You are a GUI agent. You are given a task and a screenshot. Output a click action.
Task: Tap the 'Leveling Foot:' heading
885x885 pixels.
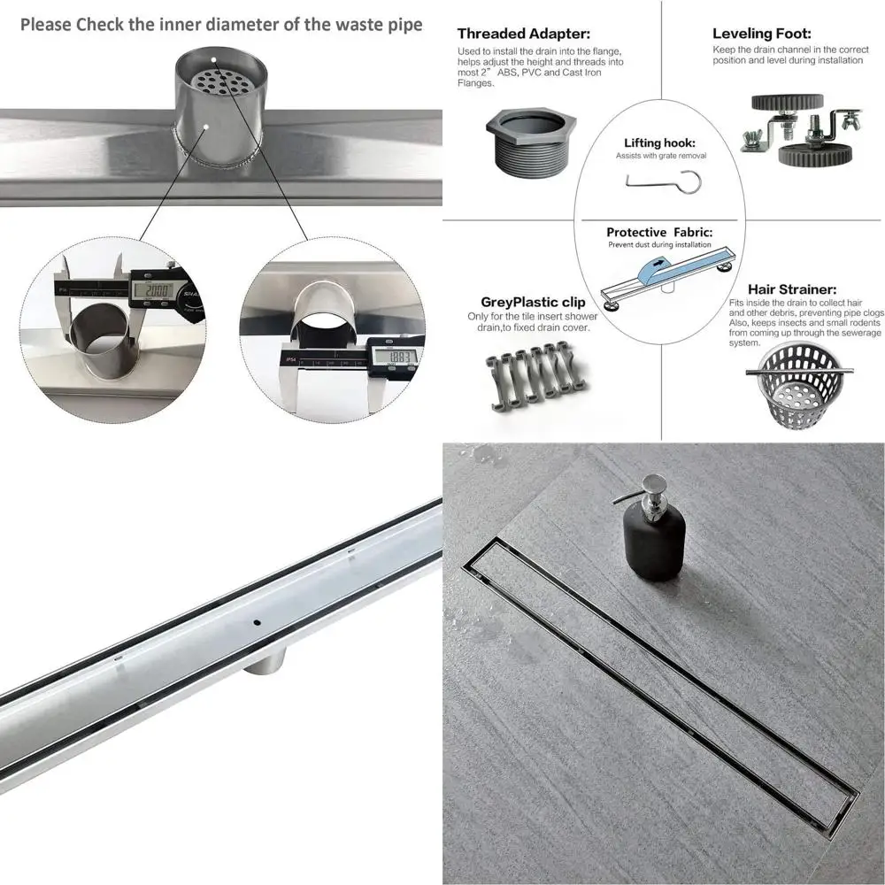point(762,34)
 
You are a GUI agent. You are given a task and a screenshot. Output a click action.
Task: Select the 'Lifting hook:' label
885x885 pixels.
point(659,142)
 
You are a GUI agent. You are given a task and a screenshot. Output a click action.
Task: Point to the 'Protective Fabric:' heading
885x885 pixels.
point(659,232)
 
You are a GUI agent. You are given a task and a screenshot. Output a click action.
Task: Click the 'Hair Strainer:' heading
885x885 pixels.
point(792,289)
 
